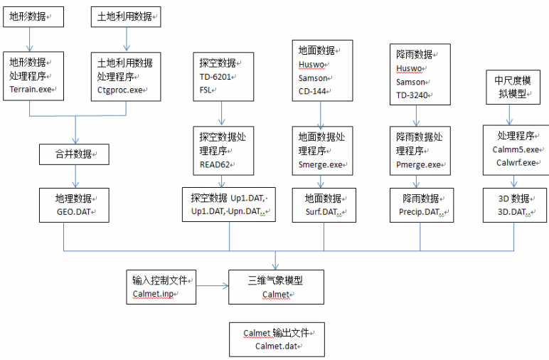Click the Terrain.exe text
[x=31, y=90]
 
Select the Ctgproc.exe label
[x=121, y=90]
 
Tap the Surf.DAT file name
[x=321, y=211]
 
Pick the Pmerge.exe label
[x=418, y=164]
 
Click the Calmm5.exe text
[x=516, y=149]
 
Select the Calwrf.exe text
[x=515, y=162]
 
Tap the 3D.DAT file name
[x=513, y=211]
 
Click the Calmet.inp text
[x=152, y=293]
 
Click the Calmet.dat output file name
[x=276, y=346]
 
